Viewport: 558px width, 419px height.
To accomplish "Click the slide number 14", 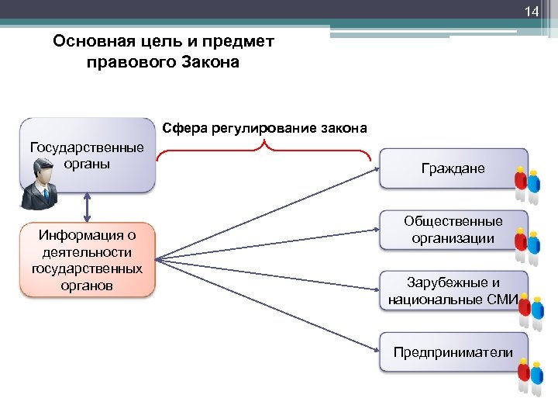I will coord(531,12).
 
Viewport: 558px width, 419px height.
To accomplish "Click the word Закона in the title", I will coord(210,62).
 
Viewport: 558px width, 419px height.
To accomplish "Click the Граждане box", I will coord(453,168).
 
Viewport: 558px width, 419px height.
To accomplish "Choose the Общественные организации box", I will coord(453,230).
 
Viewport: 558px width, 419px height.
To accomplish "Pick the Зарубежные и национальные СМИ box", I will coord(453,291).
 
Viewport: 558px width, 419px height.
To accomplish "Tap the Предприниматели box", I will coord(453,352).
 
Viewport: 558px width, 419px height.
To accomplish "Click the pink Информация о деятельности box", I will coord(87,259).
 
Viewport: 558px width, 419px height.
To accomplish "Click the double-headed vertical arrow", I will coord(87,207).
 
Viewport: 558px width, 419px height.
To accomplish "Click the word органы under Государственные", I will coord(86,164).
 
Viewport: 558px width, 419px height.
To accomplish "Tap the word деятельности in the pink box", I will coord(87,253).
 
